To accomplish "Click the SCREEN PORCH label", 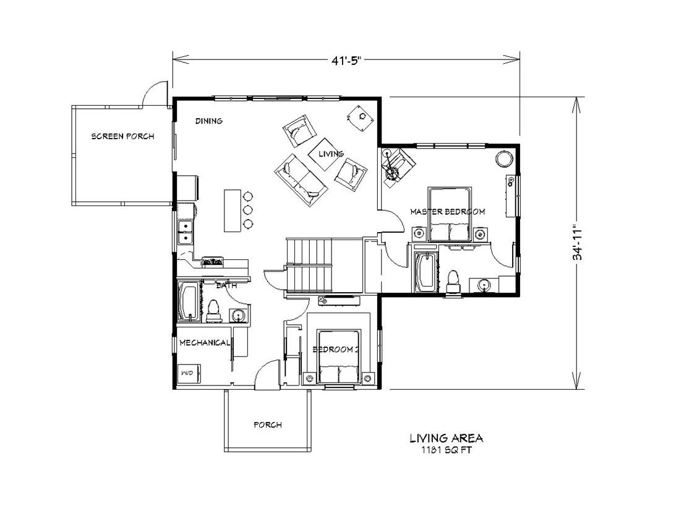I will click(x=122, y=136).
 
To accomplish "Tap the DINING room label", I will click(x=208, y=121).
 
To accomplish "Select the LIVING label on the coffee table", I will click(x=331, y=153).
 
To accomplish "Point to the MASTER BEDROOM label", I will click(x=448, y=212).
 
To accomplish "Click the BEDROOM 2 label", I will click(x=336, y=350).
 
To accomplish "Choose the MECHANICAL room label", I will click(x=205, y=342).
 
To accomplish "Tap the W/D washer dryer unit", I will click(x=187, y=373).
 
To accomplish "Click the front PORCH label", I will click(x=268, y=425).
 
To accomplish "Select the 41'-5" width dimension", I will click(x=346, y=60).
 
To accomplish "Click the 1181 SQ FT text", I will click(x=446, y=450).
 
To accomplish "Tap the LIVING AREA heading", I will click(x=446, y=438).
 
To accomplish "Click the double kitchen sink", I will click(x=184, y=232).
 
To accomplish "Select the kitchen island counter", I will click(x=232, y=210).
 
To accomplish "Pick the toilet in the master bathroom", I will click(x=453, y=280).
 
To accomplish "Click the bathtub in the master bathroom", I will click(x=425, y=272).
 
